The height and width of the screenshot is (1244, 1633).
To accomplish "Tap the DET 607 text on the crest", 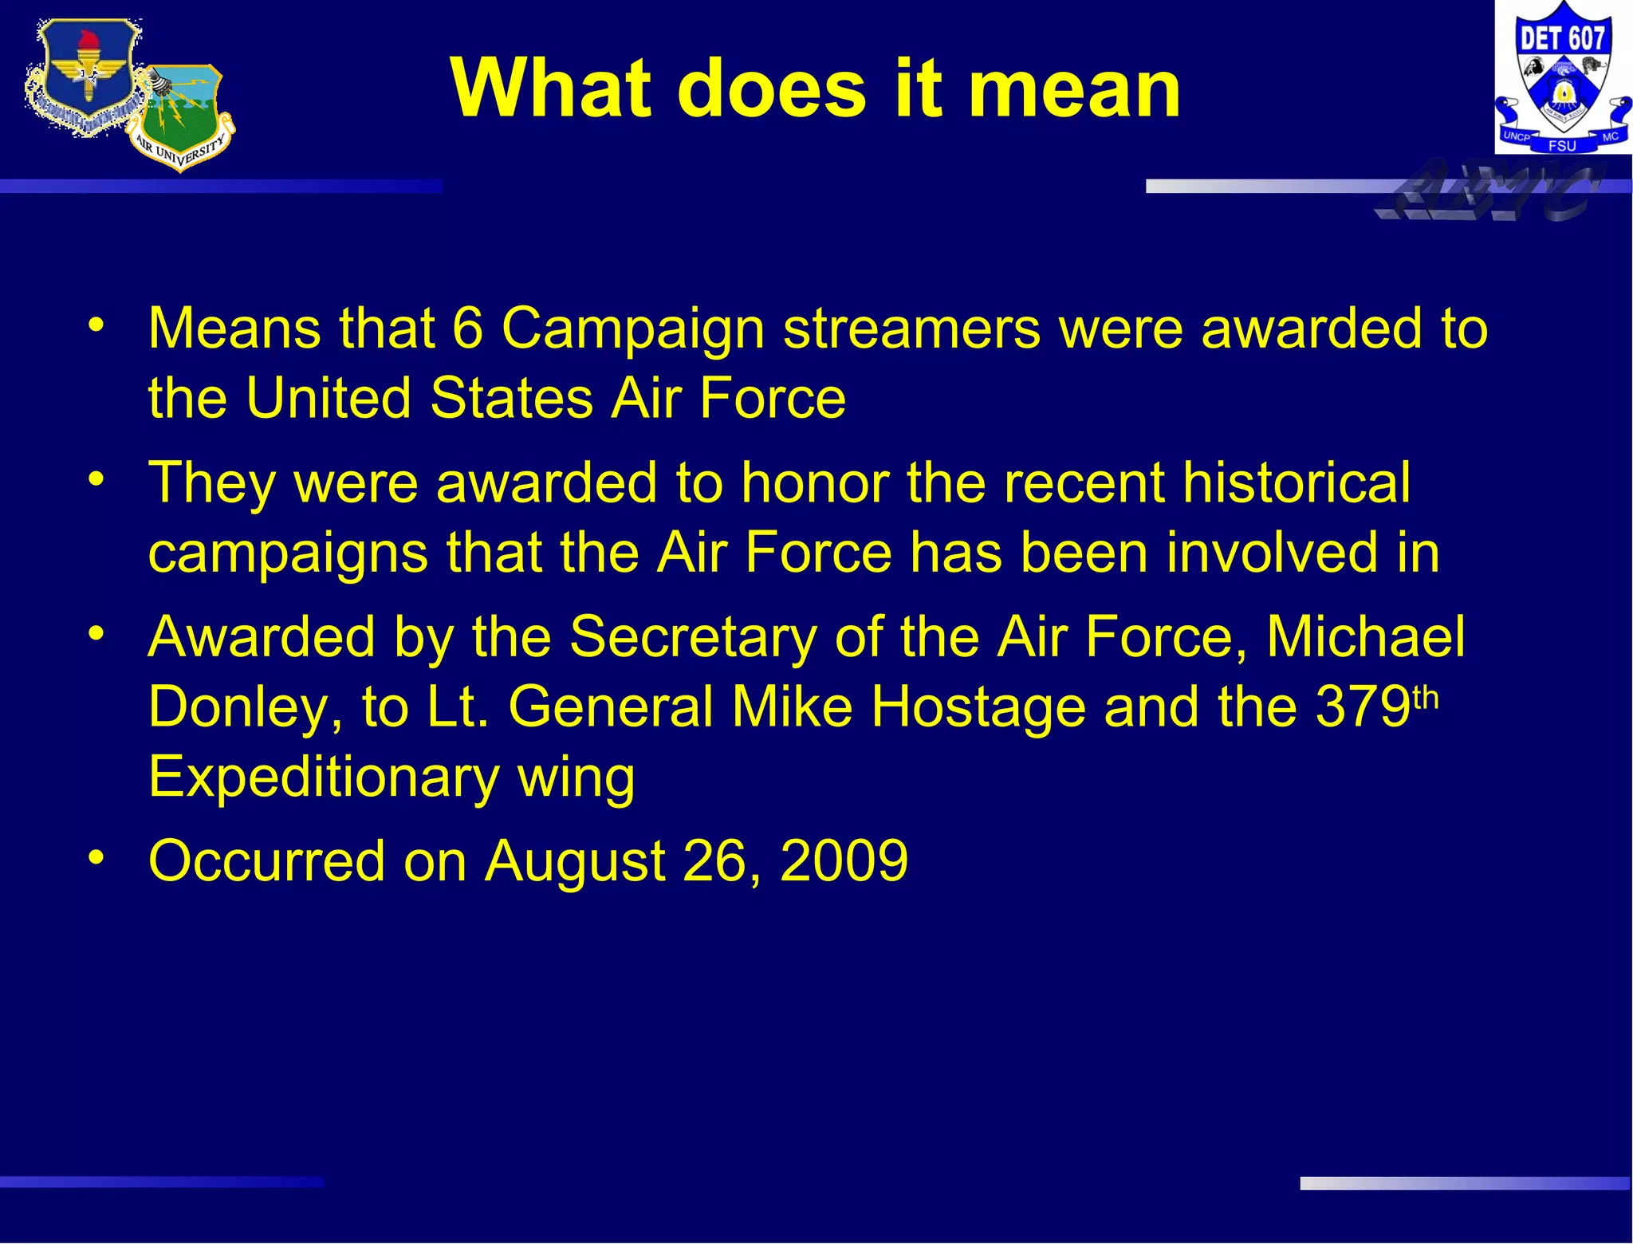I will point(1562,37).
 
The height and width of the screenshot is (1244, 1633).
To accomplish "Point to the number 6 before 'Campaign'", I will point(468,328).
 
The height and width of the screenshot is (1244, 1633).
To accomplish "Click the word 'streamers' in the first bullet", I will point(911,328).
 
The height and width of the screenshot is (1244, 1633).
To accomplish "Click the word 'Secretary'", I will point(693,637).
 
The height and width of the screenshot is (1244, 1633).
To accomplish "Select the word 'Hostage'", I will point(978,707).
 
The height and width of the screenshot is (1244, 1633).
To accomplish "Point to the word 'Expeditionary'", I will point(324,777).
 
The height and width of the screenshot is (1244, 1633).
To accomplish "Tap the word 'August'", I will point(575,861).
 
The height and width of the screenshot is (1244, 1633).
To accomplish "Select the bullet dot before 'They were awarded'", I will point(96,479).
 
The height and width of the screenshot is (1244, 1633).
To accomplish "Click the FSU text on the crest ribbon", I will point(1562,146).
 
